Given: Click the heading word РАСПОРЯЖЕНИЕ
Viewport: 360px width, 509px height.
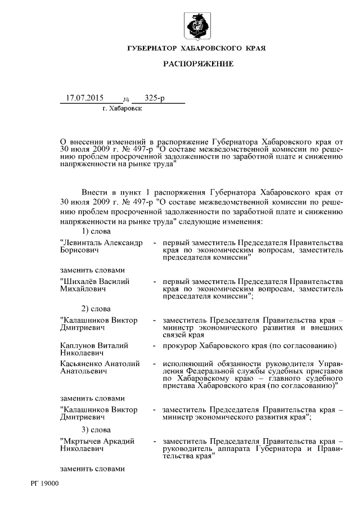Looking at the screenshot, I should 198,64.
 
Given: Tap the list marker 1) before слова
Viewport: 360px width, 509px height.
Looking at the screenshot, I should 85,231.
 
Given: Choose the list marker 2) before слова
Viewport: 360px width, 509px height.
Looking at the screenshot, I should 85,309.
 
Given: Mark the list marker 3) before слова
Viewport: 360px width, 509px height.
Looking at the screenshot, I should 85,430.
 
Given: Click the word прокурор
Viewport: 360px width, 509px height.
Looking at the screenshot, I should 180,345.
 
